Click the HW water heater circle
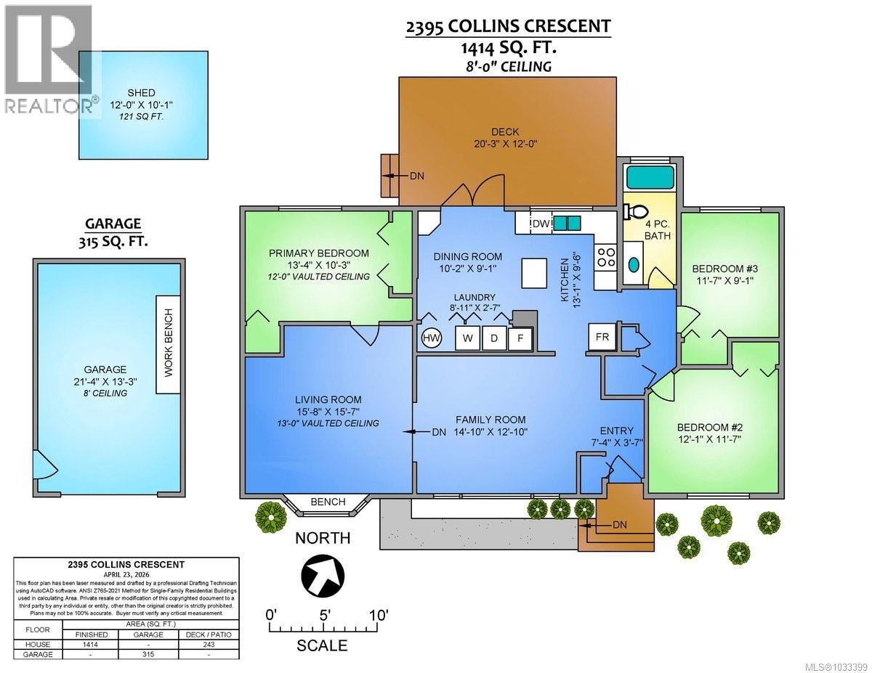tap(431, 338)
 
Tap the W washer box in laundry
tap(467, 338)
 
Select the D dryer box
tap(494, 338)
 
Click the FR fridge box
tap(602, 337)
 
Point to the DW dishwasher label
tap(540, 223)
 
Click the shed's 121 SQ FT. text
tap(142, 117)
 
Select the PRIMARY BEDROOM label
tap(318, 253)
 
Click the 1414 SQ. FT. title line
tap(508, 48)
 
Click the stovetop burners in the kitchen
tap(606, 257)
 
